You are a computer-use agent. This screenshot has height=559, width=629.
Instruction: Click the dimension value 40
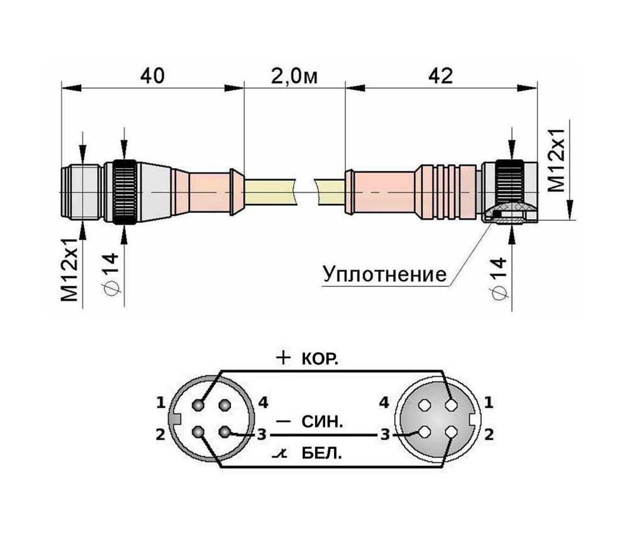coord(152,76)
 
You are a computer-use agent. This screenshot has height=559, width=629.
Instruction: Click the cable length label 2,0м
coord(294,76)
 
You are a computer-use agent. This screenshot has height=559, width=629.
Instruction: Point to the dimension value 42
coord(440,76)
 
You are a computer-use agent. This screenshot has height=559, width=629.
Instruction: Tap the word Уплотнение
coord(384,274)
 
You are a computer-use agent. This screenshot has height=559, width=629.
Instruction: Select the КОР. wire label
coord(320,360)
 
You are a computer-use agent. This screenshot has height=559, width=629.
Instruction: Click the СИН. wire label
coord(322,422)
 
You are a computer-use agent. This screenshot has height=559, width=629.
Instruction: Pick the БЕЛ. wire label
coord(321,455)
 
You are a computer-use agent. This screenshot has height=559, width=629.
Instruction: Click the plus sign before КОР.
coord(283,358)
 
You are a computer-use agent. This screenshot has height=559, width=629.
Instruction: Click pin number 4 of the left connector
coord(263,402)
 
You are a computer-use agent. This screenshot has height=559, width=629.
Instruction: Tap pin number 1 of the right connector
coord(488,402)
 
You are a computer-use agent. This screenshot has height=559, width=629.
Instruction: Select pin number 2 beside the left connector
coord(160,434)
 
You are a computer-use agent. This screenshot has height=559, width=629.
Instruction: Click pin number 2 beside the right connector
coord(489,434)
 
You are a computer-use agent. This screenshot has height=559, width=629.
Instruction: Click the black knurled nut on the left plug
coord(125,192)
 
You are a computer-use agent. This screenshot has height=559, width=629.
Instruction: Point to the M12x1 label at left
coord(70,269)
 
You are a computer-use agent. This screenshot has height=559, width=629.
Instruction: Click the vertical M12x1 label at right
coord(557,161)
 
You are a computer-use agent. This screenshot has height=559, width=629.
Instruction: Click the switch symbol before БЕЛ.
coord(281,455)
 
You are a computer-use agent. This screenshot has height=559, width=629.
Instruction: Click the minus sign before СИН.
coord(283,421)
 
